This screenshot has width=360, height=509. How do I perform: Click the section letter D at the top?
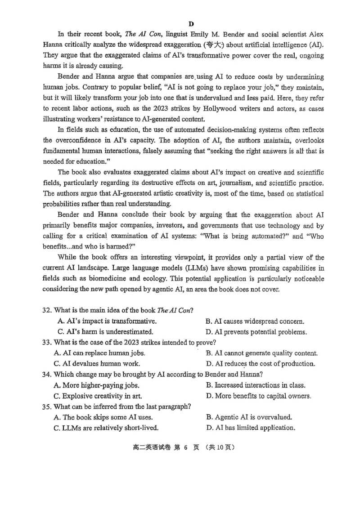[191, 24]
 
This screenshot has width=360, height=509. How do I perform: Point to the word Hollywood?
[214, 108]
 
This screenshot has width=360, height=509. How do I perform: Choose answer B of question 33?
[261, 353]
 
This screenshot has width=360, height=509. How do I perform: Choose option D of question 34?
[258, 396]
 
